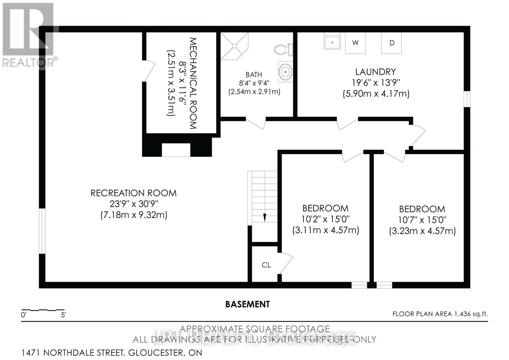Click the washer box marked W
click(355, 43)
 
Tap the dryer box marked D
click(391, 43)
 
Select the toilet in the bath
click(282, 49)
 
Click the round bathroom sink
click(285, 72)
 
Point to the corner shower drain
click(234, 46)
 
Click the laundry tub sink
click(332, 42)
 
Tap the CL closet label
click(266, 265)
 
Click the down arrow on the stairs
click(264, 218)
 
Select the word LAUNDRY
click(375, 72)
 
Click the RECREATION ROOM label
click(133, 193)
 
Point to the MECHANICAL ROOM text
click(193, 83)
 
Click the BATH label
click(254, 74)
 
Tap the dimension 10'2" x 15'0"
click(325, 219)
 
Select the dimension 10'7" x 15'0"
click(422, 220)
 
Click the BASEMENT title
click(247, 304)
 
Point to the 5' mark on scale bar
click(63, 315)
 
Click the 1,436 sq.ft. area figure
click(470, 314)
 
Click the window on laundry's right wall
click(467, 99)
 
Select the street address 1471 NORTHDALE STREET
click(73, 353)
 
